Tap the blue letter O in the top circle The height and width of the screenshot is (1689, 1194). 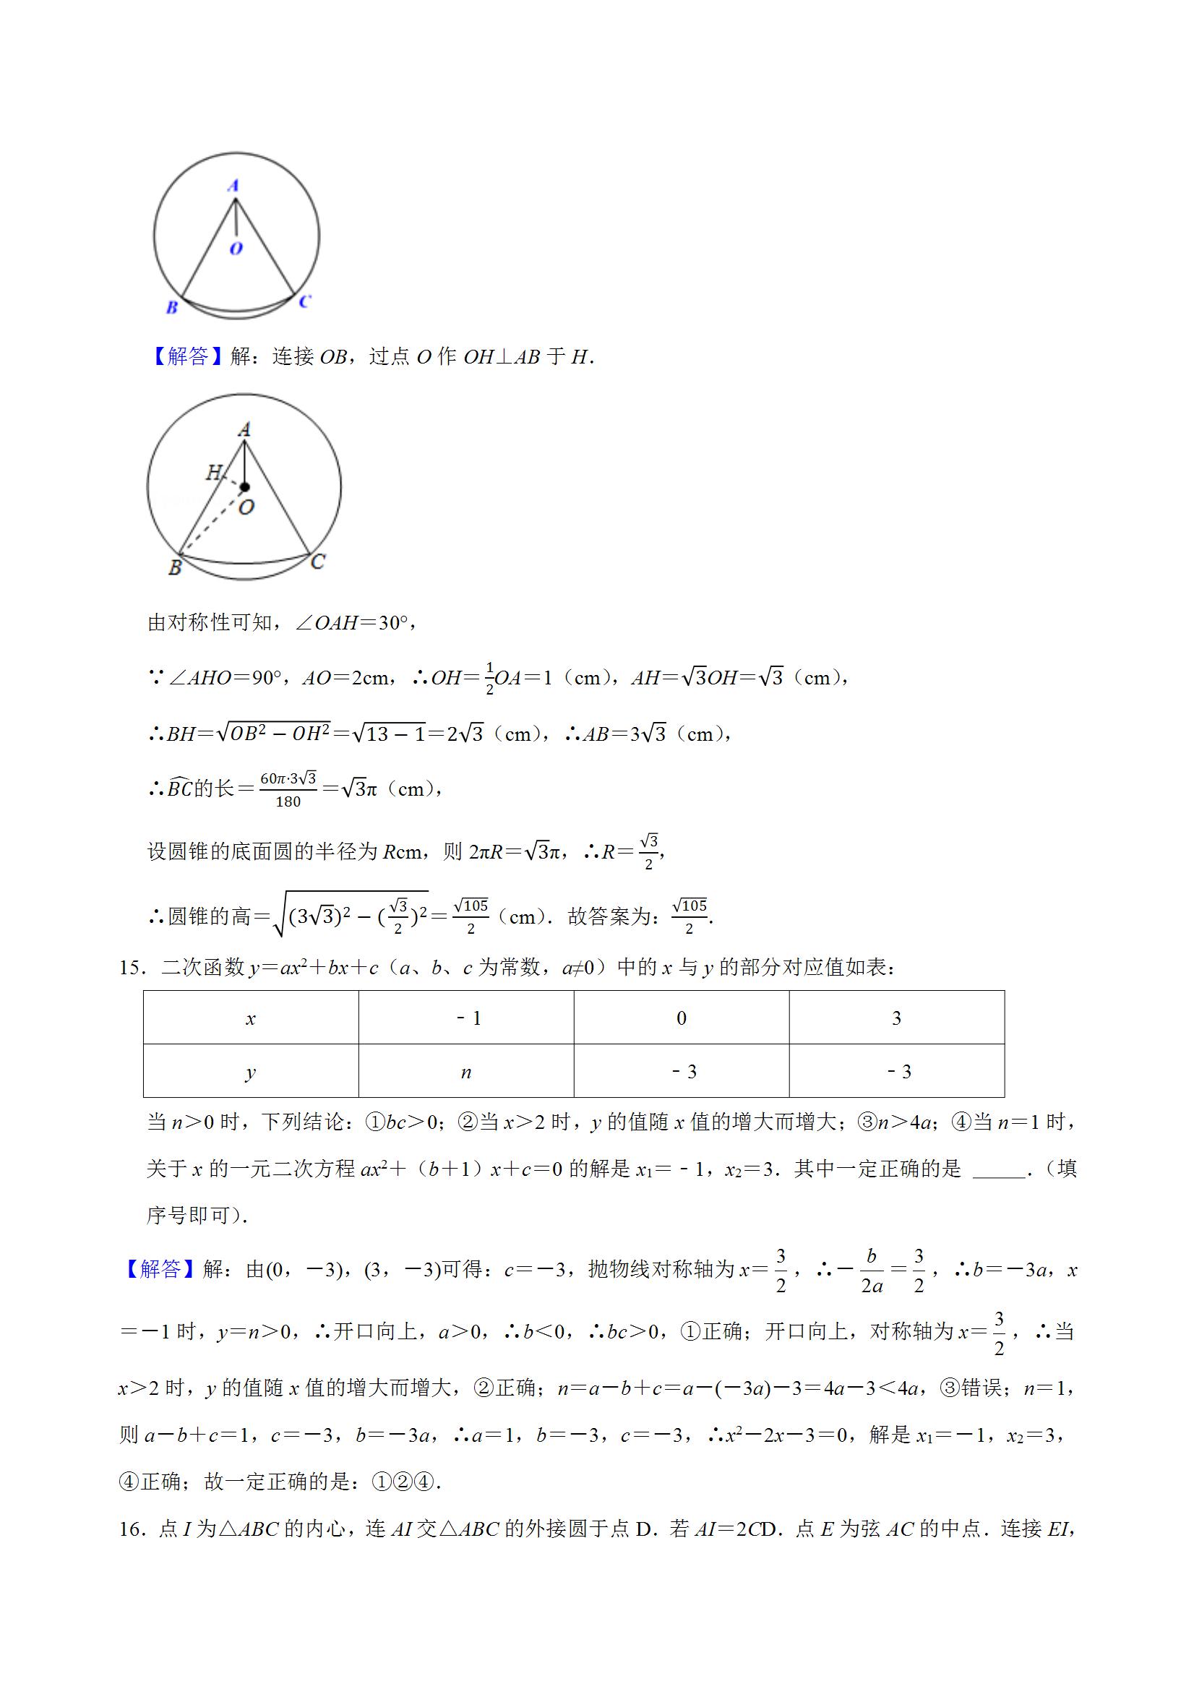coord(236,249)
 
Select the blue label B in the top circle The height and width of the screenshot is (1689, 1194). coord(171,307)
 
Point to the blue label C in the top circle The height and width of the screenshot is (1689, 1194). coord(304,301)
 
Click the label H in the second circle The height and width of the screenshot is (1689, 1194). coord(213,471)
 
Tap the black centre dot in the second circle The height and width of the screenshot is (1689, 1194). coord(244,487)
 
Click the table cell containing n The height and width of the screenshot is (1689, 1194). coord(465,1072)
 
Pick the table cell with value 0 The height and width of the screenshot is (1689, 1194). coord(682,1018)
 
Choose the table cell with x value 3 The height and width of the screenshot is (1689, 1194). coord(896,1018)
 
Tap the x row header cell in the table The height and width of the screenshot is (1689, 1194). coord(251,1018)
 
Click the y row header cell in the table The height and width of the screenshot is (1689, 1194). coord(251,1072)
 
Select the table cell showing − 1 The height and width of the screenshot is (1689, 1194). coord(465,1018)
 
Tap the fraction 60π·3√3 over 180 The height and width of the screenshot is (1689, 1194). coord(288,789)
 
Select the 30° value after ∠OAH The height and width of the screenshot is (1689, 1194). coord(398,623)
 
